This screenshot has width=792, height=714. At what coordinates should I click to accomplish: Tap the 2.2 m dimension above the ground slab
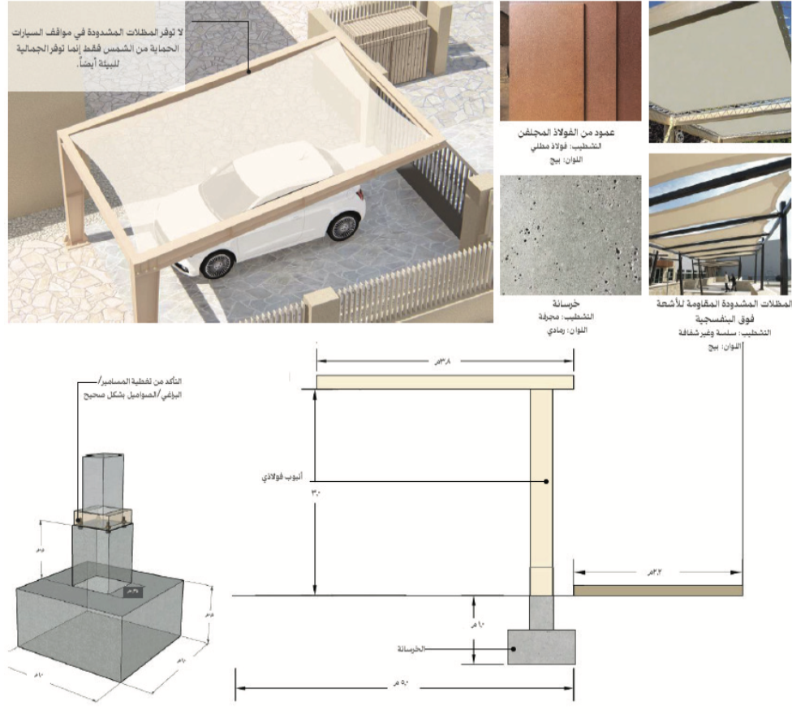click(x=657, y=571)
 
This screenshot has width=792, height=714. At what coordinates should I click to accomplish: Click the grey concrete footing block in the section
click(x=542, y=647)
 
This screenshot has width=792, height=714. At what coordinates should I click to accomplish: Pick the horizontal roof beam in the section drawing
click(x=445, y=383)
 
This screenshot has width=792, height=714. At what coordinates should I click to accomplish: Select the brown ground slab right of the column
click(x=658, y=591)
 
